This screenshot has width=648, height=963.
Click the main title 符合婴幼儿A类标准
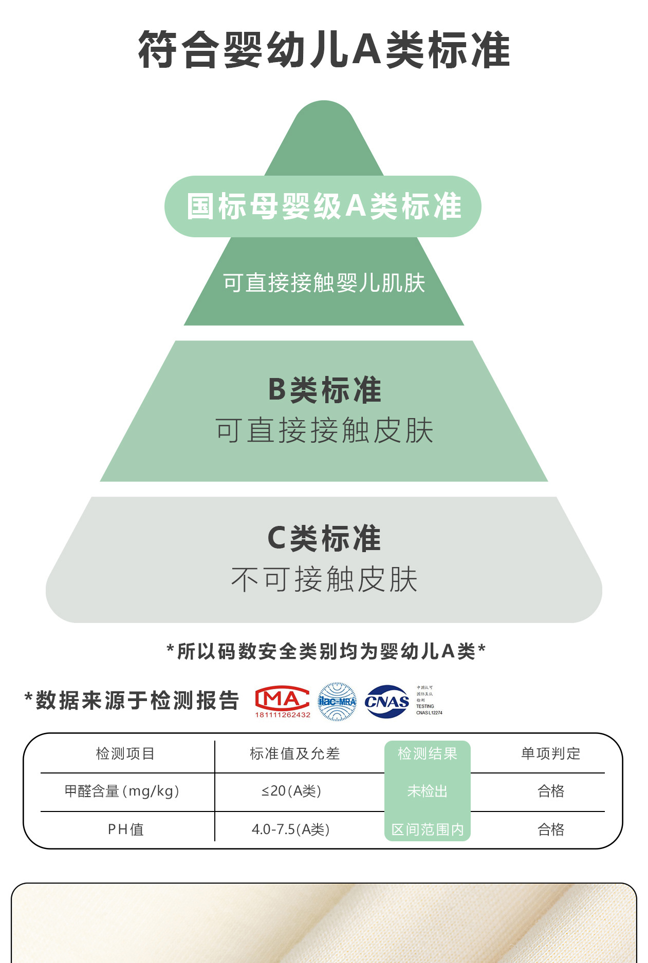click(324, 50)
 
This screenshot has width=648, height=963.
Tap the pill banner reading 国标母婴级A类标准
click(323, 206)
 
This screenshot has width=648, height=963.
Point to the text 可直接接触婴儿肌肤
click(324, 283)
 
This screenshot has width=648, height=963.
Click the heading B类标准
click(324, 390)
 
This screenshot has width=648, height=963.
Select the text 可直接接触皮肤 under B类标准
click(324, 430)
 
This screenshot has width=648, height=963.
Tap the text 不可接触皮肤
click(324, 579)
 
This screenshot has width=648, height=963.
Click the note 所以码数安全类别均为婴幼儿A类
click(326, 651)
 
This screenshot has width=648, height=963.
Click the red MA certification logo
click(282, 698)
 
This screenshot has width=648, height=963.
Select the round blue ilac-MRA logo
click(337, 702)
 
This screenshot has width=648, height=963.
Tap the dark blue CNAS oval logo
click(386, 702)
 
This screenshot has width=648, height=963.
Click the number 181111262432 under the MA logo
click(283, 715)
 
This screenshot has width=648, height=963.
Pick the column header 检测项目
click(125, 753)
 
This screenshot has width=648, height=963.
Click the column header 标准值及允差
click(294, 753)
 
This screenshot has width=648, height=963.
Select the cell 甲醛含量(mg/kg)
click(122, 791)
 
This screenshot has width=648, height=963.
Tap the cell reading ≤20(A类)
click(291, 791)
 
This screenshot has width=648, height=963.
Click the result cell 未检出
click(427, 791)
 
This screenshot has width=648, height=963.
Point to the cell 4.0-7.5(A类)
click(290, 829)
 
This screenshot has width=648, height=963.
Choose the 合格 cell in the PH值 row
click(550, 829)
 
